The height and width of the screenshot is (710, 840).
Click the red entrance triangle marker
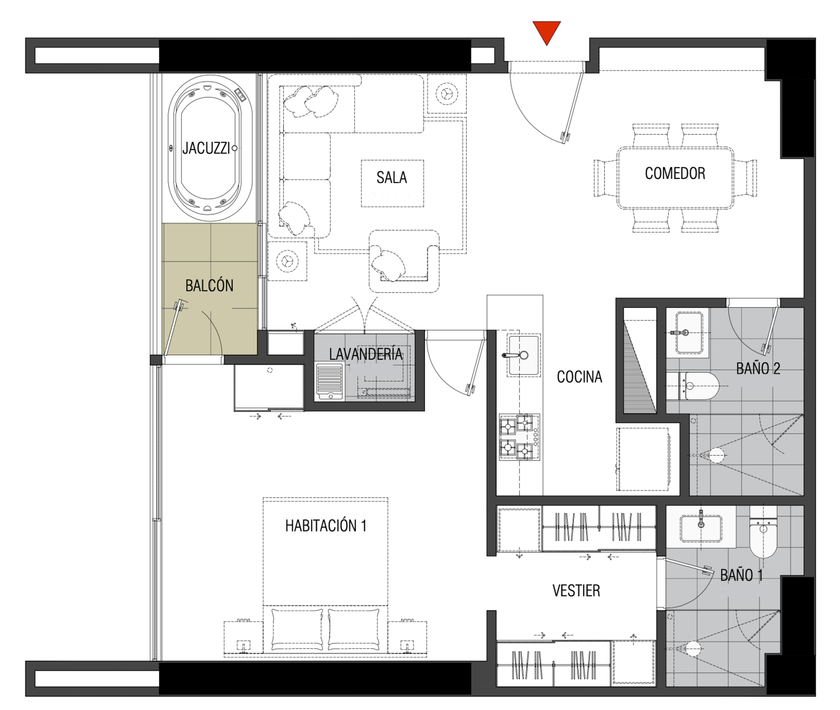tap(547, 32)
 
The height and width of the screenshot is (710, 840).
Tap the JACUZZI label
tap(206, 148)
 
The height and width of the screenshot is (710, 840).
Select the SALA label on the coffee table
tap(392, 177)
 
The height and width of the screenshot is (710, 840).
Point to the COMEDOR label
tap(675, 174)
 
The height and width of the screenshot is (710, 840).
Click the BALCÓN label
tap(209, 285)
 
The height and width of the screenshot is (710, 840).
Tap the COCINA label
tap(579, 377)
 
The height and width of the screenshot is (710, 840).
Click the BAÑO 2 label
tap(758, 368)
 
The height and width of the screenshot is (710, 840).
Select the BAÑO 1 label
tap(741, 575)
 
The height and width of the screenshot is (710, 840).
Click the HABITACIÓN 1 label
tap(325, 526)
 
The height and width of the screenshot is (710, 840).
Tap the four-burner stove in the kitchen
tap(519, 437)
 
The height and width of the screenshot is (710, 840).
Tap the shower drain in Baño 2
tap(716, 456)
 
